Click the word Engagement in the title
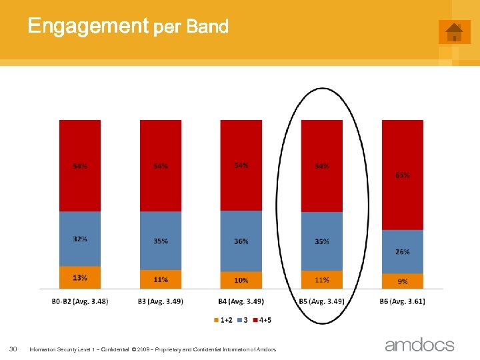87,26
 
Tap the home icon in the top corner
454,32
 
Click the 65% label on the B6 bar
402,175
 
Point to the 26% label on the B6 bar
402,252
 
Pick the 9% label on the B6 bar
402,281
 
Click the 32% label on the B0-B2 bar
80,239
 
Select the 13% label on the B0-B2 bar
80,277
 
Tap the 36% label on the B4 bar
241,241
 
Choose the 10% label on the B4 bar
241,281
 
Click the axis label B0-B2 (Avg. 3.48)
80,301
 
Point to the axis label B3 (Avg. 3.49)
161,301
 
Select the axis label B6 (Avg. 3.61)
402,301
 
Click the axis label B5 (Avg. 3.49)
321,301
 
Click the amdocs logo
419,345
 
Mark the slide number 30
13,349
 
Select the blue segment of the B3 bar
161,240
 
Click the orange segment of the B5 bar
321,279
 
